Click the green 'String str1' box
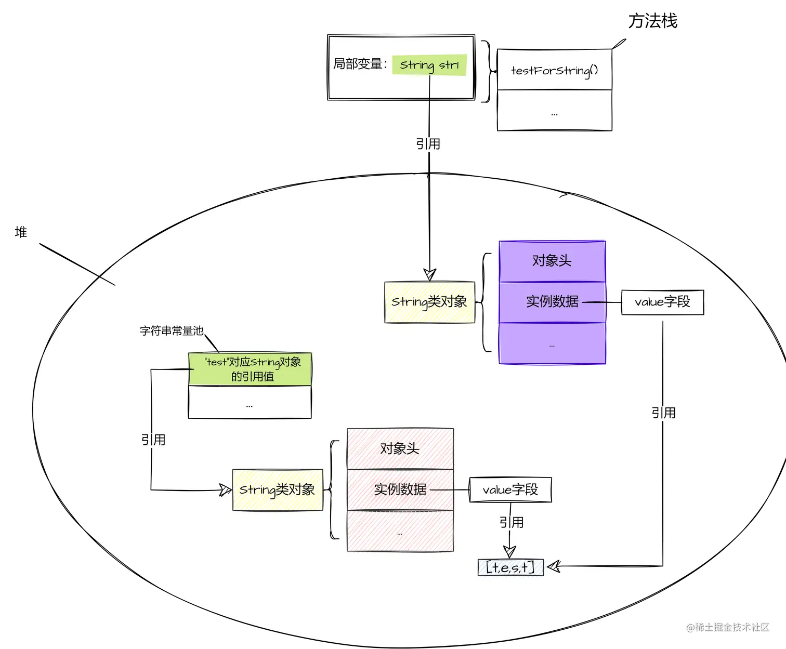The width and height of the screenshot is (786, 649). [x=429, y=65]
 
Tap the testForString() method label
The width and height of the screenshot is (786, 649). [x=554, y=70]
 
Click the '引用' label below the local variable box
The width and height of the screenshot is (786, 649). [x=428, y=144]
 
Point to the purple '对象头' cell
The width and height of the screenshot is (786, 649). [x=552, y=261]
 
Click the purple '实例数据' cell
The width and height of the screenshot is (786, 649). [x=552, y=301]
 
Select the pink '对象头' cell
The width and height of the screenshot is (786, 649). [x=400, y=448]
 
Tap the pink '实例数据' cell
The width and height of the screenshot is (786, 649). [x=400, y=489]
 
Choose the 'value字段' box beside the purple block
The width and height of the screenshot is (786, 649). [x=662, y=302]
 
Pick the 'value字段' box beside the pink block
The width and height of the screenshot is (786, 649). [x=510, y=489]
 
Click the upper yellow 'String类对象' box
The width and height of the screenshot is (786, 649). [x=429, y=302]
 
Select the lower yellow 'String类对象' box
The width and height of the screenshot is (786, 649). [x=277, y=489]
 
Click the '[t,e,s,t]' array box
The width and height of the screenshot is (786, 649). [x=510, y=567]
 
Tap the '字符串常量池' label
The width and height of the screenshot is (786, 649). [x=172, y=330]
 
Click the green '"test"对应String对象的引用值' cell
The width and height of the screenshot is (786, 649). [x=250, y=369]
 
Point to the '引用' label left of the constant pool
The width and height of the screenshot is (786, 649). [x=153, y=440]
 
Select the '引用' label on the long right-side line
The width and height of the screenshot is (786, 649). [x=663, y=413]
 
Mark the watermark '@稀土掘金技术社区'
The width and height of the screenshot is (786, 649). [x=727, y=627]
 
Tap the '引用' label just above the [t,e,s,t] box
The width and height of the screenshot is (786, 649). [x=511, y=522]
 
